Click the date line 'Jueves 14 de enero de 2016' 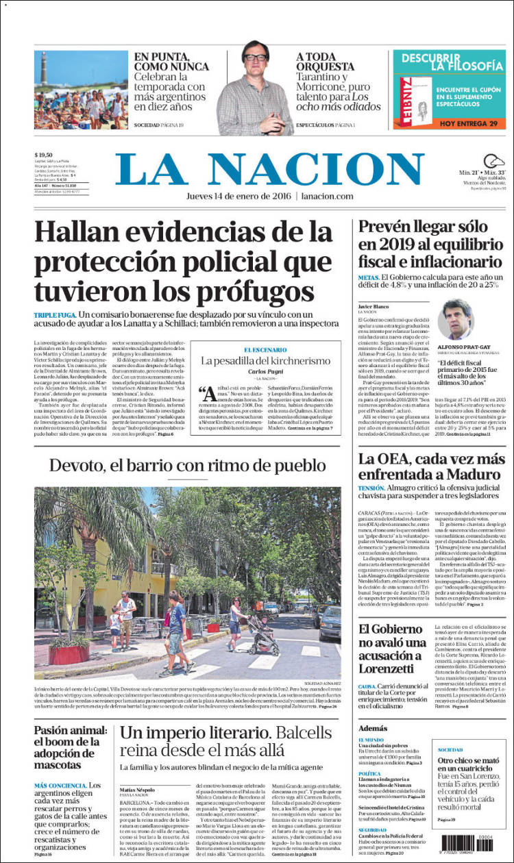pos(239,197)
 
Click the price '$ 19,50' pos(45,155)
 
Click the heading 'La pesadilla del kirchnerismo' pos(265,360)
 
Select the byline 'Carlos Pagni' pos(265,371)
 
